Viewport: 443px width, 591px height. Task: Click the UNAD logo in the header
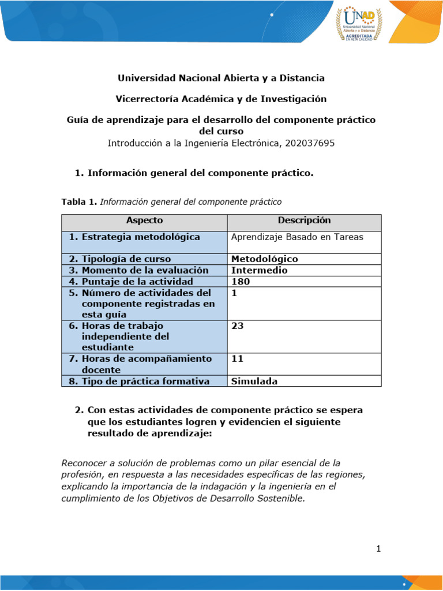pyautogui.click(x=359, y=23)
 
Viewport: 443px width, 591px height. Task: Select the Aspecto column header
pyautogui.click(x=144, y=220)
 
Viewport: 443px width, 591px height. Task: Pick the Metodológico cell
pyautogui.click(x=264, y=259)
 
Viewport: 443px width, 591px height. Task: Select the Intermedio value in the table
pyautogui.click(x=259, y=270)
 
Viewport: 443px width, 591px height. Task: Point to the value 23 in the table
pyautogui.click(x=237, y=326)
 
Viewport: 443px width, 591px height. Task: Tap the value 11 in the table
pyautogui.click(x=237, y=359)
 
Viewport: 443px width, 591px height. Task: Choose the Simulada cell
pyautogui.click(x=254, y=381)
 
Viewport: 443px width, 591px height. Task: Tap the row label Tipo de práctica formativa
pyautogui.click(x=139, y=381)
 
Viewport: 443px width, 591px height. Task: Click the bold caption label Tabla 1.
pyautogui.click(x=79, y=202)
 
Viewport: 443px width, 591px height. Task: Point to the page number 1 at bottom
pyautogui.click(x=378, y=549)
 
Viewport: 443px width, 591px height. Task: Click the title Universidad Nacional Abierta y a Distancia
pyautogui.click(x=221, y=78)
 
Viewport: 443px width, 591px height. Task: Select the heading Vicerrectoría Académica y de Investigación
pyautogui.click(x=221, y=99)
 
